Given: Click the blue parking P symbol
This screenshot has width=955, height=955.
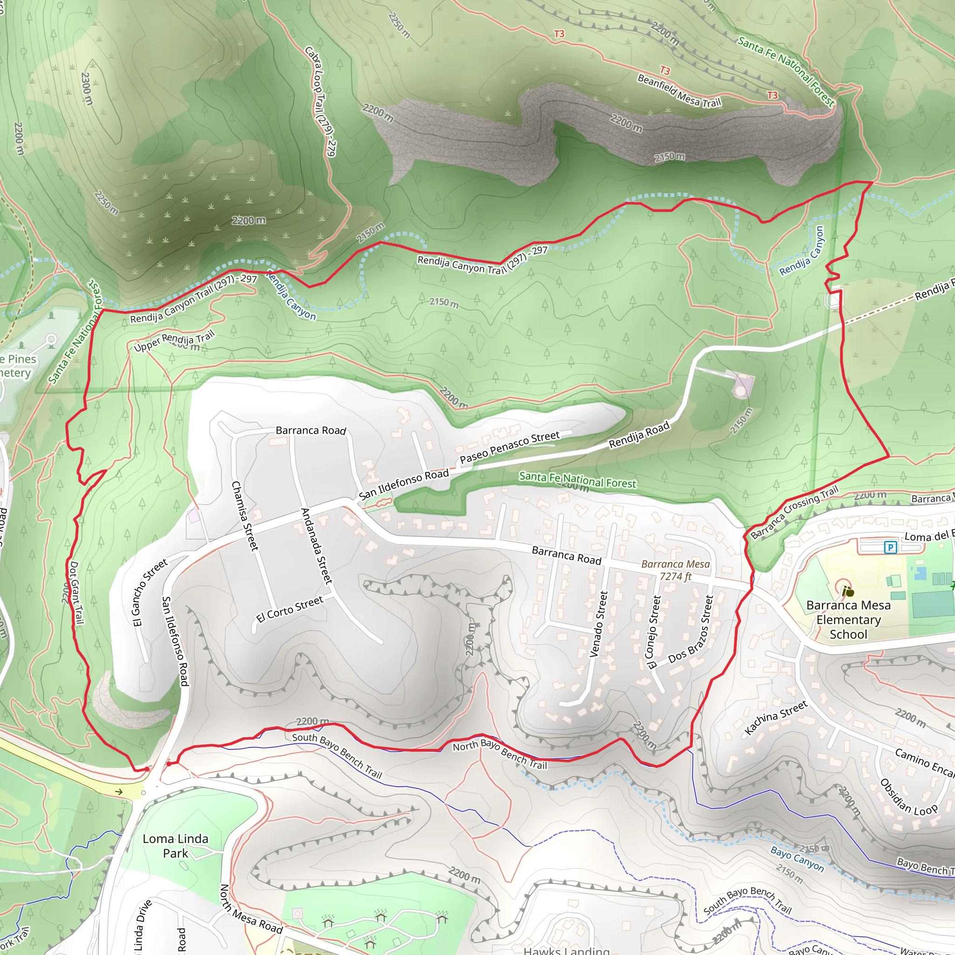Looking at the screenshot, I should coord(890,547).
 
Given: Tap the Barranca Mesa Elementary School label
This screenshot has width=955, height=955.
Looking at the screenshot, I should coord(848,619).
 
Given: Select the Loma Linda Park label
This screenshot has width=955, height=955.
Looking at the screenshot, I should coord(175,846).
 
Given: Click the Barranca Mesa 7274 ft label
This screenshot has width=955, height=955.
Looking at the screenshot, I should coord(675,570).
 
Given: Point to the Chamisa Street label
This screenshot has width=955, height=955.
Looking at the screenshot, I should coord(245,516).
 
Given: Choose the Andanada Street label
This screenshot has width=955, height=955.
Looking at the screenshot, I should coord(316,546).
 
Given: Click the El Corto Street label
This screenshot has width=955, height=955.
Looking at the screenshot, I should coord(290,609).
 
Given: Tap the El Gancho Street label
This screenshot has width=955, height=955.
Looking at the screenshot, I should coord(149,592).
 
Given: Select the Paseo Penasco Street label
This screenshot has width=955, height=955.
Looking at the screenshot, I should coord(510,447).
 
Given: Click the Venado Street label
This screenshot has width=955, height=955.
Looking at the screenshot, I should coord(598,624).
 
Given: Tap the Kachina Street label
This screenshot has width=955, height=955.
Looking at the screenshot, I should coord(775,717).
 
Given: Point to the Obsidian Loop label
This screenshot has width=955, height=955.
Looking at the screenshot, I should coord(908,797).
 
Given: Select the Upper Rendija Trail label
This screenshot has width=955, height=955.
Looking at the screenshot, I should coord(174,340).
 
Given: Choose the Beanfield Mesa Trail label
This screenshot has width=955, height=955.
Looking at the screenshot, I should coord(679,91).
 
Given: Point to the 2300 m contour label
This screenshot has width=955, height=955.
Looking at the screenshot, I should coord(87,89).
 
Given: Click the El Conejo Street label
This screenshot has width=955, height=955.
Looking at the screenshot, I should coord(653,632).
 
